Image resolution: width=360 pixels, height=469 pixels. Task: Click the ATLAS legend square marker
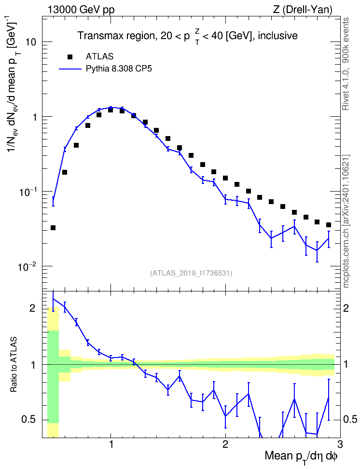pyautogui.click(x=70, y=56)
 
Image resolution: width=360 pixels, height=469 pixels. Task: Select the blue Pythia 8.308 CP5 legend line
pyautogui.click(x=70, y=69)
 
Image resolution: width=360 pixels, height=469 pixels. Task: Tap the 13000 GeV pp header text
pyautogui.click(x=81, y=10)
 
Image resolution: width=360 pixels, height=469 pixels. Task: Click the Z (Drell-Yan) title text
pyautogui.click(x=303, y=10)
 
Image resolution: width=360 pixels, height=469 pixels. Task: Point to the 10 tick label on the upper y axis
pyautogui.click(x=31, y=42)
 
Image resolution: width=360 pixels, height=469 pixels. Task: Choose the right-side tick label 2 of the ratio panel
pyautogui.click(x=346, y=308)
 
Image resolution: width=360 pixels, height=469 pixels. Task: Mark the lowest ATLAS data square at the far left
pyautogui.click(x=53, y=228)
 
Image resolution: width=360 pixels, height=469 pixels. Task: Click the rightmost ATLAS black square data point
pyautogui.click(x=329, y=225)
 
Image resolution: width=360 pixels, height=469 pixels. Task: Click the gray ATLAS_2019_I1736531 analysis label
pyautogui.click(x=191, y=273)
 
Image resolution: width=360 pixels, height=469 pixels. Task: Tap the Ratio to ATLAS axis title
pyautogui.click(x=14, y=365)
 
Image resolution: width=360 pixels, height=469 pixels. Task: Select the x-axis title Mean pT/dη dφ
pyautogui.click(x=301, y=457)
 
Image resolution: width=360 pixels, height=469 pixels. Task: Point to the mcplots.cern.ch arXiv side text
pyautogui.click(x=346, y=221)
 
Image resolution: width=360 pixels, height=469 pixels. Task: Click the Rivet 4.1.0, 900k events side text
pyautogui.click(x=346, y=64)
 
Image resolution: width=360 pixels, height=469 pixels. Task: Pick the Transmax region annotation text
pyautogui.click(x=188, y=36)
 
